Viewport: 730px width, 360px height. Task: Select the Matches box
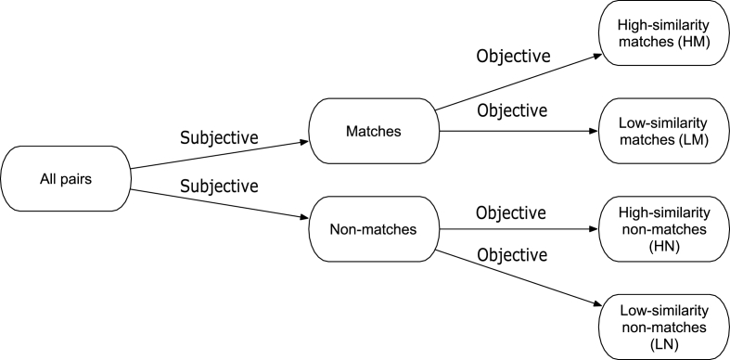(376, 132)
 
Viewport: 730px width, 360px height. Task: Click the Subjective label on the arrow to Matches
(218, 137)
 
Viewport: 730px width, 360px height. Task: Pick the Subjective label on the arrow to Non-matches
(218, 186)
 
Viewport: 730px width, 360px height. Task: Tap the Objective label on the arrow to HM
(512, 56)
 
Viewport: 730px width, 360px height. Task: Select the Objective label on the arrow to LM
(512, 111)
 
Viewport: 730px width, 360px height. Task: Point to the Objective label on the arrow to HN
(512, 212)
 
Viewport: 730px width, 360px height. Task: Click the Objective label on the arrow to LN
(512, 252)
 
